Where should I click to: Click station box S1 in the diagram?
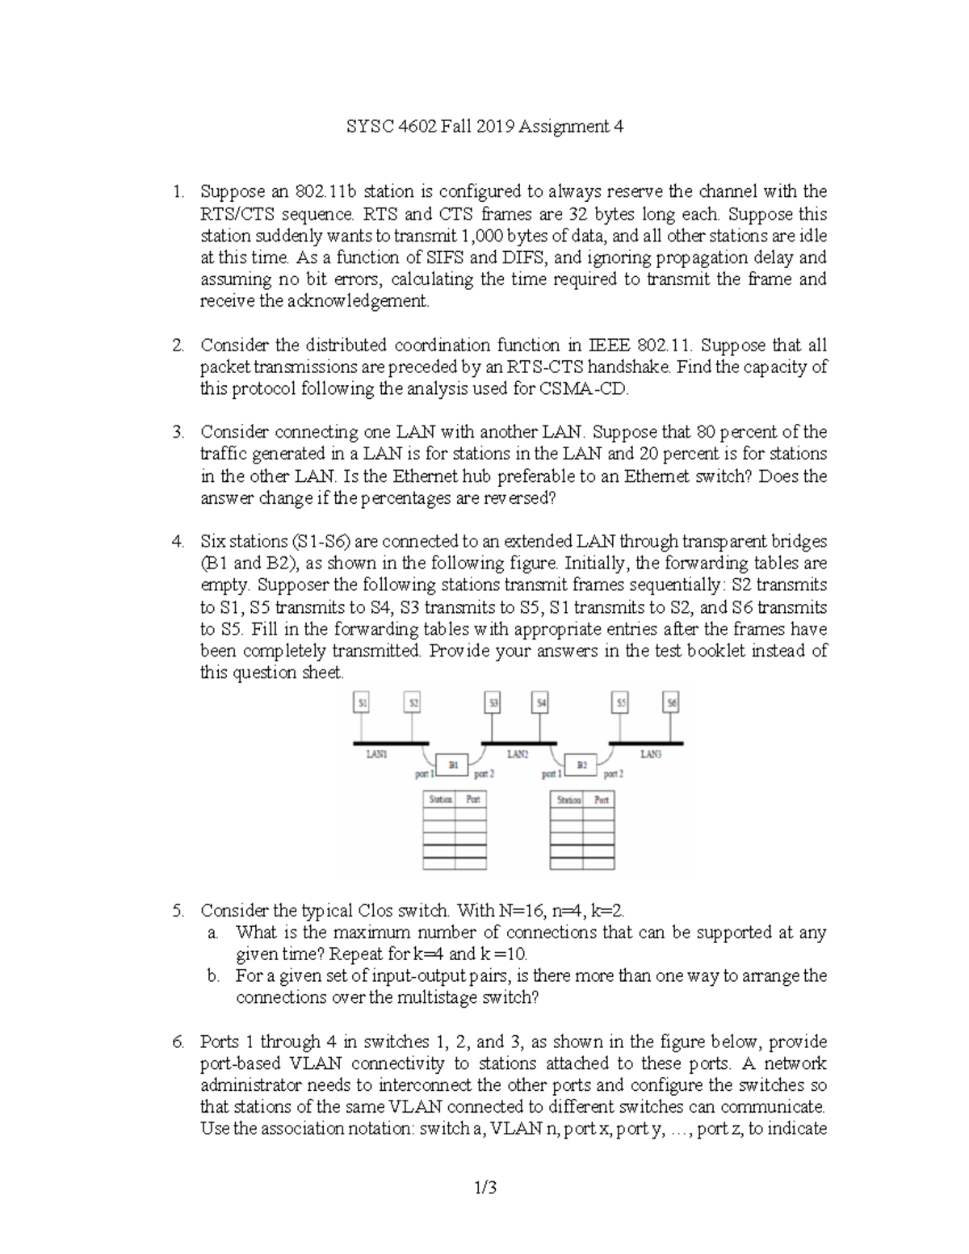pyautogui.click(x=363, y=703)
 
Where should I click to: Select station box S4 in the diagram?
pyautogui.click(x=542, y=703)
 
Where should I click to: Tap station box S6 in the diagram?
pyautogui.click(x=672, y=703)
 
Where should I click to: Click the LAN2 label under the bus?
pyautogui.click(x=518, y=754)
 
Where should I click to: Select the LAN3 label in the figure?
pyautogui.click(x=651, y=754)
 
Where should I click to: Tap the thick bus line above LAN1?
pyautogui.click(x=391, y=742)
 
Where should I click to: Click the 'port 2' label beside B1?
pyautogui.click(x=484, y=774)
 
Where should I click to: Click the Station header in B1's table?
pyautogui.click(x=440, y=799)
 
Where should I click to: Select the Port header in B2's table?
pyautogui.click(x=602, y=799)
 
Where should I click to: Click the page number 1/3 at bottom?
pyautogui.click(x=485, y=1187)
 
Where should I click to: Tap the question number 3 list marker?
pyautogui.click(x=178, y=432)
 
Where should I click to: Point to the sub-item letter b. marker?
pyautogui.click(x=213, y=975)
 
